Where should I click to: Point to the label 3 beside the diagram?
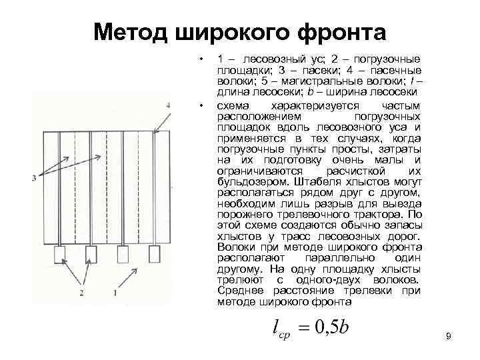(33, 177)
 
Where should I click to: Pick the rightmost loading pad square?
(154, 253)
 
